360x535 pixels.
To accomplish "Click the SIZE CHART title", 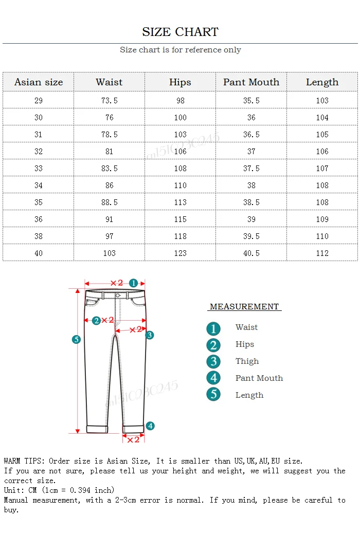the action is [x=181, y=32].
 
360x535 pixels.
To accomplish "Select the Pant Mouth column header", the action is [x=251, y=82].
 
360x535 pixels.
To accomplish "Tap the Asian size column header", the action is [x=39, y=82].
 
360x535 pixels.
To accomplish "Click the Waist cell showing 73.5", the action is [x=110, y=100].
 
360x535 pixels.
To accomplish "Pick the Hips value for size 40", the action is [x=181, y=253].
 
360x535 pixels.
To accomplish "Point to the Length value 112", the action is [x=322, y=253].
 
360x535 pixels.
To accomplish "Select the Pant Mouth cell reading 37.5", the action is [x=251, y=168].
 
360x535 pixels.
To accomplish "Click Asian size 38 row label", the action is [x=39, y=236].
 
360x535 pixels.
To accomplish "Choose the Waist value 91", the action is [x=110, y=219].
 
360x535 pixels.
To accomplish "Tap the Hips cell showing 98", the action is [x=181, y=100].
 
